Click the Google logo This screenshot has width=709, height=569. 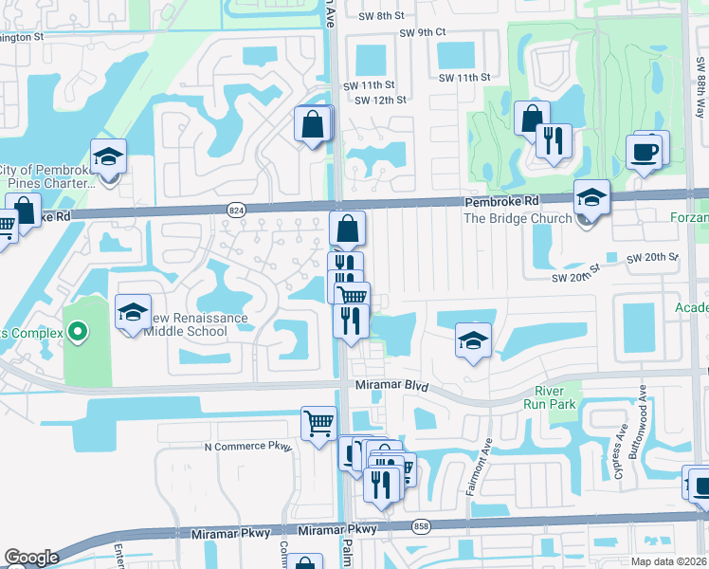[x=31, y=558]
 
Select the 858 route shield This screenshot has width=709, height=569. [x=422, y=524]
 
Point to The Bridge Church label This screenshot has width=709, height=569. [x=518, y=218]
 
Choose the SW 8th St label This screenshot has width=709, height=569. [x=381, y=15]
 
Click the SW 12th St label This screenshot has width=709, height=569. [x=381, y=100]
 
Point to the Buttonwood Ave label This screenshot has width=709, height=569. [x=643, y=415]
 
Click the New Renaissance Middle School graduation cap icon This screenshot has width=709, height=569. [x=134, y=311]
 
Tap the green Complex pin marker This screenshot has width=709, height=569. [x=79, y=333]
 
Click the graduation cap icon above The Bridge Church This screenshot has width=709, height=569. [x=591, y=196]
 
